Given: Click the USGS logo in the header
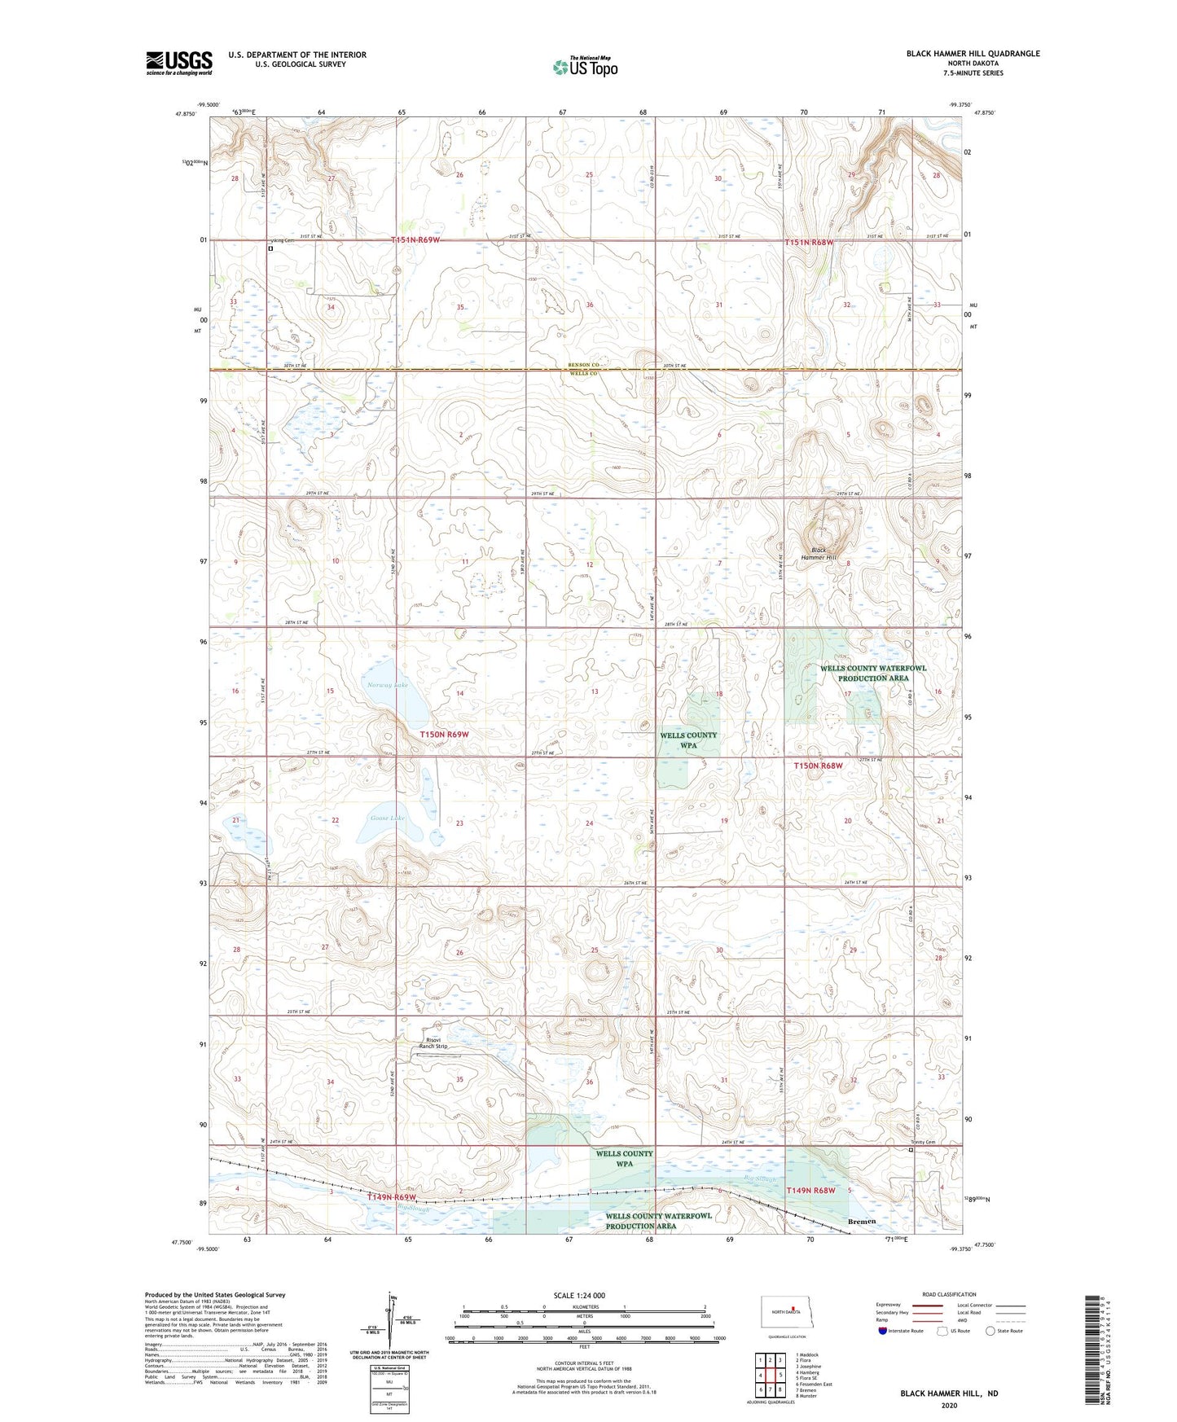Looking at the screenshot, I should pyautogui.click(x=179, y=63).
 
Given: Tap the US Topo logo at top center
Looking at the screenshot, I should pyautogui.click(x=585, y=67).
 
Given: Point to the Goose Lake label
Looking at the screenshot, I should pyautogui.click(x=387, y=818).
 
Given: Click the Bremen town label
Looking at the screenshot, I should pyautogui.click(x=862, y=1222).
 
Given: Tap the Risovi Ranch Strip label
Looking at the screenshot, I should pyautogui.click(x=433, y=1043).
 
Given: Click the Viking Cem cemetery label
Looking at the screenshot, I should pyautogui.click(x=281, y=241).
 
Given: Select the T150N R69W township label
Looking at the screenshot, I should pyautogui.click(x=444, y=735).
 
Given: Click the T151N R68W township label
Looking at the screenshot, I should pyautogui.click(x=810, y=243).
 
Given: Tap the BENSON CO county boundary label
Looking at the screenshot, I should pyautogui.click(x=583, y=365).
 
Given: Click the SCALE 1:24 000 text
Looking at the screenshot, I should pyautogui.click(x=579, y=1295).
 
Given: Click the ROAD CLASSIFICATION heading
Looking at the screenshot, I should pyautogui.click(x=949, y=1294).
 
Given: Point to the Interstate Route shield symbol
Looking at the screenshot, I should pyautogui.click(x=882, y=1331).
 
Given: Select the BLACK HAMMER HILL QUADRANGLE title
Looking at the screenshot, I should pyautogui.click(x=973, y=54).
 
